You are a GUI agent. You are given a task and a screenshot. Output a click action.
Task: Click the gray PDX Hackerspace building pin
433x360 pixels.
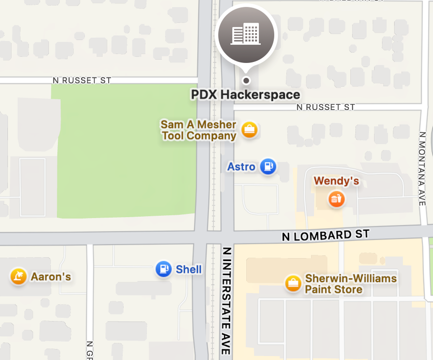(x=246, y=35)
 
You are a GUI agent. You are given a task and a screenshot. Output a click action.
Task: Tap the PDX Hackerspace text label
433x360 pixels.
(x=245, y=95)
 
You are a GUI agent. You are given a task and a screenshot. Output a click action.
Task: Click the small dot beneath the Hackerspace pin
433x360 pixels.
(x=246, y=80)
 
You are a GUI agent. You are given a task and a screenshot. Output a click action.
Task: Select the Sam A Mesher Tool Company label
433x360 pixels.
(x=199, y=130)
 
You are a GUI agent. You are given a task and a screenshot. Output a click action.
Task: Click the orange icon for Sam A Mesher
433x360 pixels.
(x=249, y=129)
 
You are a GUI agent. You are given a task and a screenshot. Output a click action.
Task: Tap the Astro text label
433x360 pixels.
(x=241, y=167)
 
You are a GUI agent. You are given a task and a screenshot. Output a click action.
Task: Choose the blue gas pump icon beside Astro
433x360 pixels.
(x=268, y=167)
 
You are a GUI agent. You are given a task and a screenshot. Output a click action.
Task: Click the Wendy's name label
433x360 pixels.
(x=336, y=181)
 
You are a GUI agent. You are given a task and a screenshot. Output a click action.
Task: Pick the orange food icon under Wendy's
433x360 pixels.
(x=336, y=199)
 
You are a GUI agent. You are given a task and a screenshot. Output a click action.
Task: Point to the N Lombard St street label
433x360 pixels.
(x=325, y=236)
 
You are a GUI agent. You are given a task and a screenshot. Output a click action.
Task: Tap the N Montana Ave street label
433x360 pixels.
(x=422, y=169)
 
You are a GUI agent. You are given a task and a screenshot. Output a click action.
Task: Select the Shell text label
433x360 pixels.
(x=189, y=269)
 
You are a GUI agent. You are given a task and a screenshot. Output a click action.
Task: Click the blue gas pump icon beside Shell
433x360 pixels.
(x=164, y=269)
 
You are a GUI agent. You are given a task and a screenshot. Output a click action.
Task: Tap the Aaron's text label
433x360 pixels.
(x=51, y=277)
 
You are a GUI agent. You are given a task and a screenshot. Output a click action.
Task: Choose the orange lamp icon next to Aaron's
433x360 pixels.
(x=18, y=276)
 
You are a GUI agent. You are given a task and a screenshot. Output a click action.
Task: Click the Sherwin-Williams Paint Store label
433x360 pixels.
(x=351, y=284)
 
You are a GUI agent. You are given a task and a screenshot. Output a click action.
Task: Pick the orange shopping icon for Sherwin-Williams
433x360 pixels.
(x=293, y=283)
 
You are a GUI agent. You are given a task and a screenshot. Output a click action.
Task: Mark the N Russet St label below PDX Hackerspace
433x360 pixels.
(x=326, y=107)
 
